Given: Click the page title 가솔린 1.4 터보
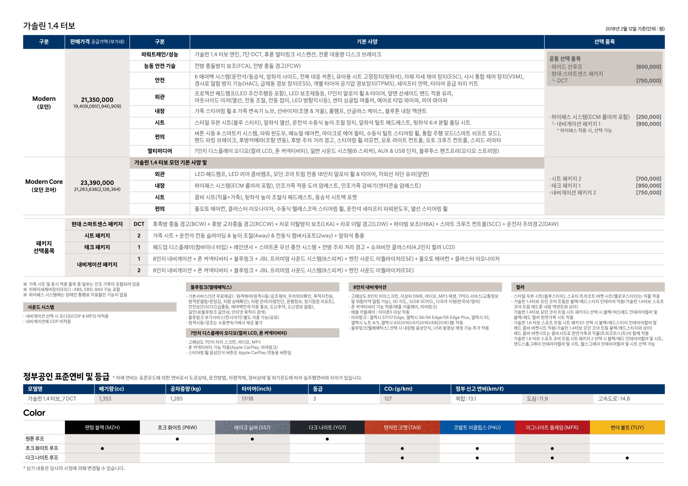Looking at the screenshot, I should point(49,26).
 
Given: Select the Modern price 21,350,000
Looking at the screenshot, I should point(97,100).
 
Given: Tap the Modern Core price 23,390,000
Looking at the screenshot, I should point(97,183).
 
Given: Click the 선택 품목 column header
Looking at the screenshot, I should point(604,42).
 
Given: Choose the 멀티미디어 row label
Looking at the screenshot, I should point(159,151).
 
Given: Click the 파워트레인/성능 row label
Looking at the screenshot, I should point(159,54).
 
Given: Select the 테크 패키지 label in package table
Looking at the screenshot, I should point(97,247).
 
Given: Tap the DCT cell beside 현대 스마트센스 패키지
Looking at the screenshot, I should point(139,224).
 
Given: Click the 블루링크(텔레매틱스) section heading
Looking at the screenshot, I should point(211,287).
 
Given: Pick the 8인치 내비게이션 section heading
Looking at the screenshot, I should point(369,287).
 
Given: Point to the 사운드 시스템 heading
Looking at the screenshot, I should point(41,307).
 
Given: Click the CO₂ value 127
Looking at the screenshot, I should point(388,399).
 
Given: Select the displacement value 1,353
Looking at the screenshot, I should point(105,399).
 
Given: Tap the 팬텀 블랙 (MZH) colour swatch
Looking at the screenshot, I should point(102,428).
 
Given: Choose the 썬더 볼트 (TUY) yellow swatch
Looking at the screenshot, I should point(627,428).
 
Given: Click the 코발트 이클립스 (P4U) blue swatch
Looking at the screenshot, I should point(477,428).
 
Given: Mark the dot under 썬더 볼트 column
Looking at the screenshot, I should point(627,458).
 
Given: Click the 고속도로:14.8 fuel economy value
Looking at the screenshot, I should point(614,399).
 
